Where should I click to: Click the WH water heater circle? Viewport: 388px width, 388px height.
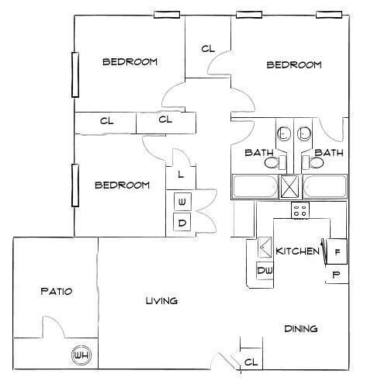click(x=81, y=355)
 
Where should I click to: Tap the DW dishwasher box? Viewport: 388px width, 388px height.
click(x=264, y=272)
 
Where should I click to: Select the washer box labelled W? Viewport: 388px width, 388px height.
click(x=182, y=203)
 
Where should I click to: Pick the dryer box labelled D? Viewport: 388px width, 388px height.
click(x=182, y=223)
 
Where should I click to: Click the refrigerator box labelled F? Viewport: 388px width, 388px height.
click(x=338, y=251)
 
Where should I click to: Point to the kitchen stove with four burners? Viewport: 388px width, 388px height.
click(x=300, y=210)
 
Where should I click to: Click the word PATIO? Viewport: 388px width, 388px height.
click(x=56, y=292)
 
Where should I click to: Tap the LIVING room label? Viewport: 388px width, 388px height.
click(x=161, y=300)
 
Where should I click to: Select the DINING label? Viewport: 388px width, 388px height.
click(x=300, y=328)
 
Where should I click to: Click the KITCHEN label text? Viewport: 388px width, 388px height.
click(x=298, y=251)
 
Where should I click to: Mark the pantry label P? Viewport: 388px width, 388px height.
click(x=336, y=275)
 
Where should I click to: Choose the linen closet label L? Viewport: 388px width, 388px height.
click(x=180, y=174)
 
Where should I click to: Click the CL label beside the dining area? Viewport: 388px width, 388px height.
click(x=251, y=362)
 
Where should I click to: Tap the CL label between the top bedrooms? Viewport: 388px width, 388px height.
click(x=207, y=48)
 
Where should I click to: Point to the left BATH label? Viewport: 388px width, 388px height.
click(x=258, y=152)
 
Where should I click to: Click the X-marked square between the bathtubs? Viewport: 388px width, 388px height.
click(x=289, y=186)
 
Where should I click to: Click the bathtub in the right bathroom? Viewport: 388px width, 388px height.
click(x=324, y=186)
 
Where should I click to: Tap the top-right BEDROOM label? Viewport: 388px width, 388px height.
click(x=293, y=65)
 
